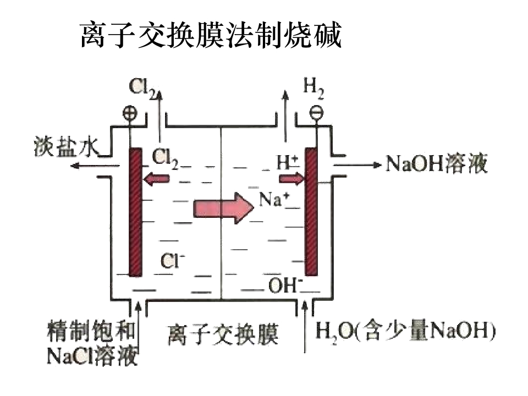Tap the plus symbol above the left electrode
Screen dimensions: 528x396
[x=130, y=112]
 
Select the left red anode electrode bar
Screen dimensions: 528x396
[x=135, y=212]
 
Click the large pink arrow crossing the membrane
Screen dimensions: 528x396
[x=223, y=208]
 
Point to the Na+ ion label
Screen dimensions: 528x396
[x=274, y=199]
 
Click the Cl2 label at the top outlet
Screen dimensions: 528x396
[x=142, y=88]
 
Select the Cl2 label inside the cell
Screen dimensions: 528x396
[x=164, y=158]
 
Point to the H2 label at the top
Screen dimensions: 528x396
[x=313, y=87]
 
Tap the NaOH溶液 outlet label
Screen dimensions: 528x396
[x=436, y=164]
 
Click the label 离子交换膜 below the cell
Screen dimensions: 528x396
[x=223, y=334]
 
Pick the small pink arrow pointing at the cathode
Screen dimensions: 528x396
[x=291, y=178]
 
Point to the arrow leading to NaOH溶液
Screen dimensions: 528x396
[x=358, y=164]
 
